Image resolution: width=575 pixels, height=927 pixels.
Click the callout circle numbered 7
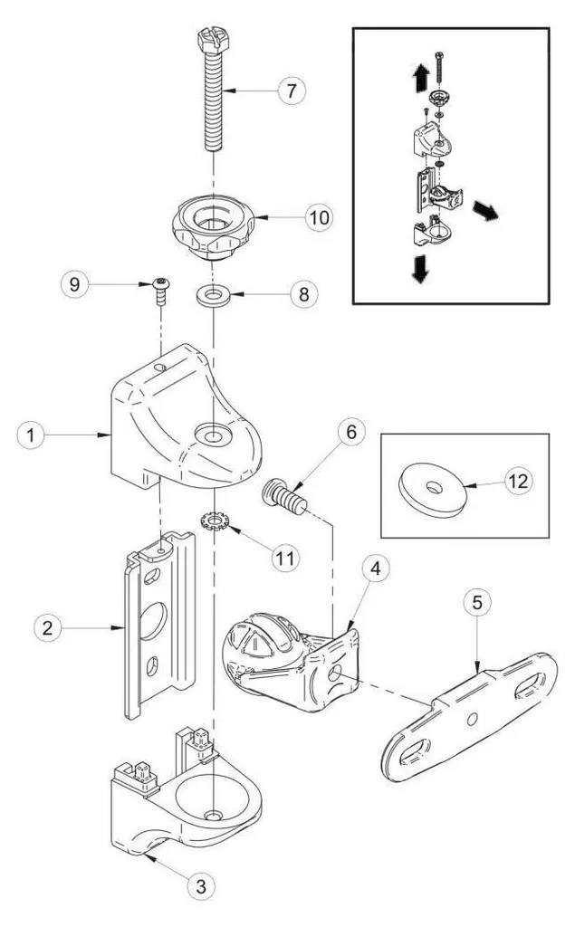(292, 91)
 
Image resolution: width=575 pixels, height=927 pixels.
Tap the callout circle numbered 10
(319, 217)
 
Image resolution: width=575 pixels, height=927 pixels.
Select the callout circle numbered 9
(74, 284)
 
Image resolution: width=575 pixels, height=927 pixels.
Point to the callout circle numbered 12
(518, 482)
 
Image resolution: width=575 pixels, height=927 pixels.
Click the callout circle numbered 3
(200, 887)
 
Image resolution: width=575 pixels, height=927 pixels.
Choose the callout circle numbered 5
(477, 602)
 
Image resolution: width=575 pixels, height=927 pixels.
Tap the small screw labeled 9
(160, 291)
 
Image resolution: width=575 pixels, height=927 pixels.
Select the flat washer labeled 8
(213, 295)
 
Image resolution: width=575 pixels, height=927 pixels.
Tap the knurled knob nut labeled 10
(213, 228)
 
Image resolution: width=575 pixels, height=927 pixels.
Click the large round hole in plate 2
(153, 620)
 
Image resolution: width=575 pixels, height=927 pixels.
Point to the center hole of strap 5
(472, 719)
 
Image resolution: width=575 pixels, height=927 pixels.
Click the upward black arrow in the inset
(420, 77)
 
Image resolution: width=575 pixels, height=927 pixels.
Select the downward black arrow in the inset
(420, 269)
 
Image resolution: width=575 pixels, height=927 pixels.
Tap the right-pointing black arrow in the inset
(485, 210)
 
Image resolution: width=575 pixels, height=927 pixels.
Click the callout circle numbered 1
(31, 435)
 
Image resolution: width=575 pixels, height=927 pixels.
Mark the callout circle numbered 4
(375, 569)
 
